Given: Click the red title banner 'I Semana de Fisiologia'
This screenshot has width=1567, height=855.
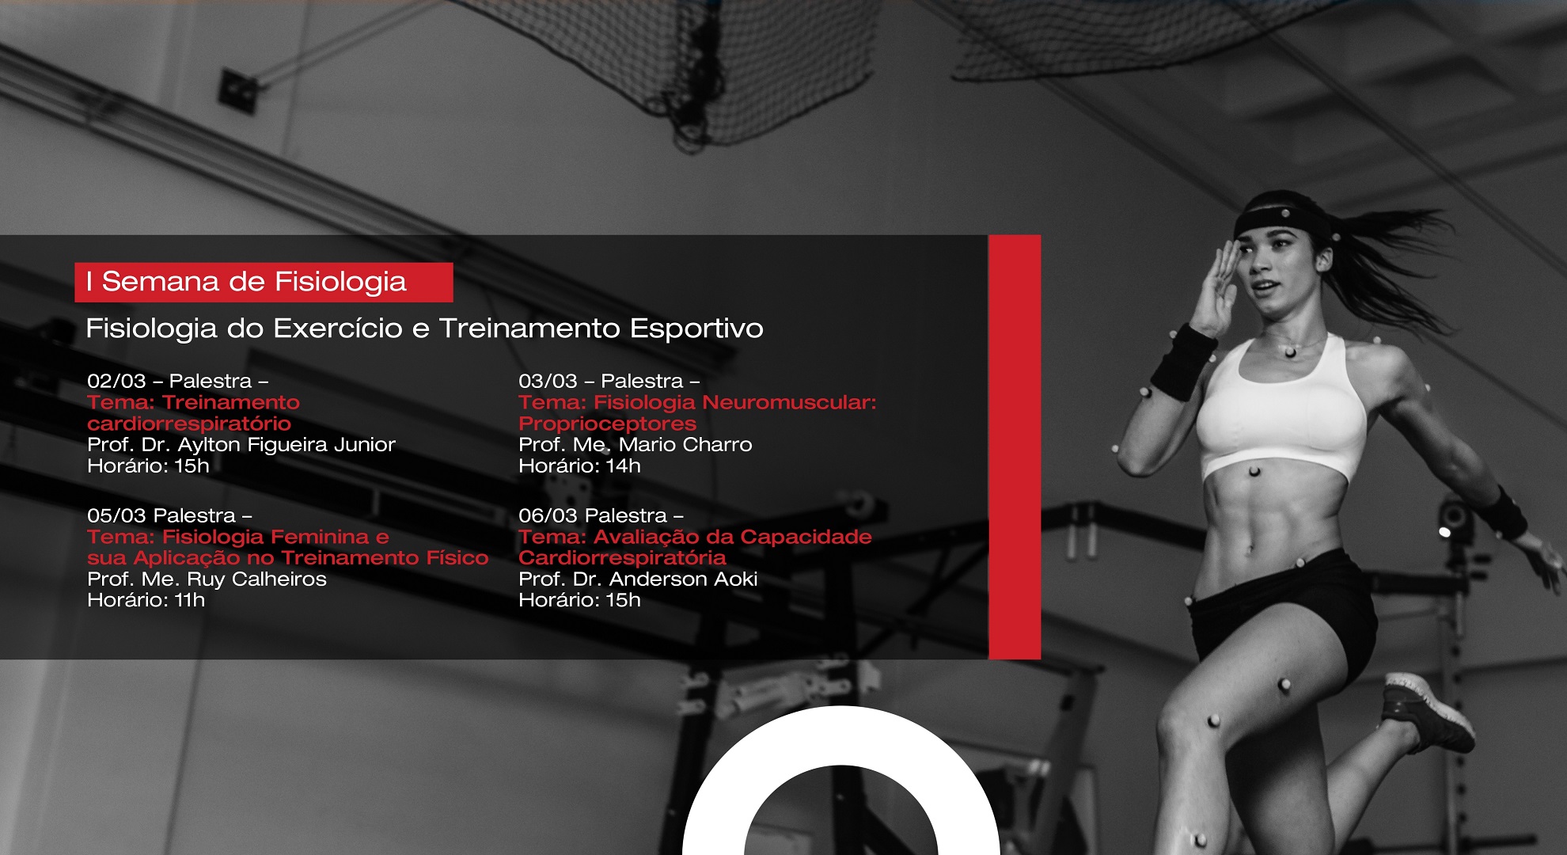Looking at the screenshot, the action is point(264,283).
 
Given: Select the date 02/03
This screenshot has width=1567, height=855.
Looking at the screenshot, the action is point(116,382).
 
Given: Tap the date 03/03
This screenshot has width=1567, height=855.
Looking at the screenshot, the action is point(548,382).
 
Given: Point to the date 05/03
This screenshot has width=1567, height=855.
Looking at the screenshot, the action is point(116,516).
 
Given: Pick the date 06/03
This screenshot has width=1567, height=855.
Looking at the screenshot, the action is point(548,516).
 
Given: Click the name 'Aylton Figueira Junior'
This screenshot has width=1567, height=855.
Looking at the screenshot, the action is point(286,446).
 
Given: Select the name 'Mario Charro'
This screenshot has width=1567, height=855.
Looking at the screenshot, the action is point(685,445).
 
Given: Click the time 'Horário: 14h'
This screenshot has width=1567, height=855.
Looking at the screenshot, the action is point(579,466).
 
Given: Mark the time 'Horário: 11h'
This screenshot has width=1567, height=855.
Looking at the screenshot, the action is point(146,601).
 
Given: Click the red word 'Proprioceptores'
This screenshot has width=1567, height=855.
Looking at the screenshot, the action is point(607,424).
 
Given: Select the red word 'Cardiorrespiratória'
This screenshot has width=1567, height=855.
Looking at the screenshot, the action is point(622,558).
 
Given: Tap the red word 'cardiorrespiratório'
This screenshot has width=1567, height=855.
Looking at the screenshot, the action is point(189,424).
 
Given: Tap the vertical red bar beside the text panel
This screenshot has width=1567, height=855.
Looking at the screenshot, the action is point(1015,447).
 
